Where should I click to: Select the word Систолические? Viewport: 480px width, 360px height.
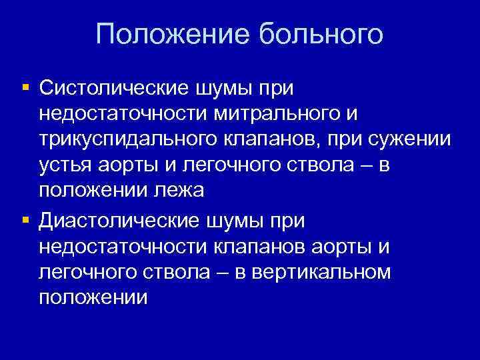(x=115, y=87)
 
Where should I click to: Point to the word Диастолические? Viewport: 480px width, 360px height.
(x=121, y=219)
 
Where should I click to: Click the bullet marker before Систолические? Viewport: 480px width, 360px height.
(x=25, y=87)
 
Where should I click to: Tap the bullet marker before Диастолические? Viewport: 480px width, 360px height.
(x=25, y=219)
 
